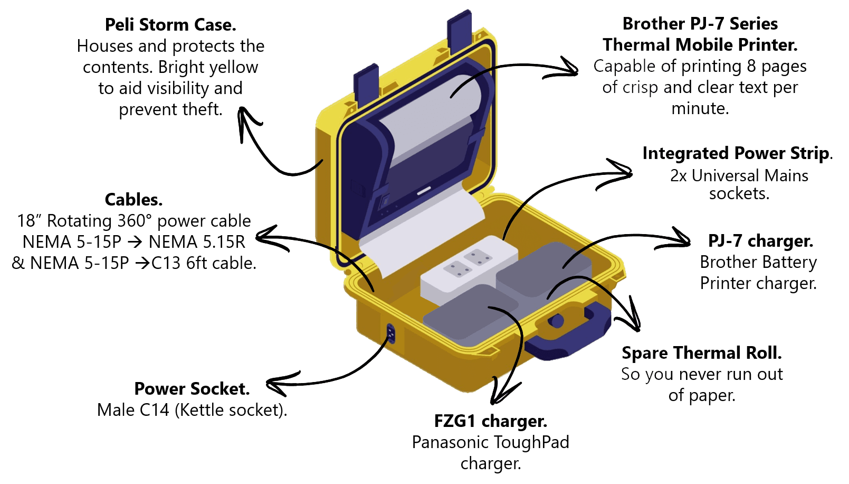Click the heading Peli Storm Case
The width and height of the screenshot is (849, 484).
[x=170, y=25]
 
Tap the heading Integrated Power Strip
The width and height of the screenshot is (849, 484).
[x=737, y=153]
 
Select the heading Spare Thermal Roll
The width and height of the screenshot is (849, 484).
[x=701, y=352]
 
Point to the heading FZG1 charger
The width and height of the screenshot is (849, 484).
[x=490, y=421]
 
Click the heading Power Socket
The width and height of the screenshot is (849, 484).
[x=192, y=389]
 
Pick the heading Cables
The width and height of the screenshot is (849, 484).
[x=133, y=200]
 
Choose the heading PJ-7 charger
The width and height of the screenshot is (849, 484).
[x=760, y=241]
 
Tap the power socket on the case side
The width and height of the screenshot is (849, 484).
[x=390, y=333]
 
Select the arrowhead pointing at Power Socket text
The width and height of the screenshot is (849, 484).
[x=275, y=386]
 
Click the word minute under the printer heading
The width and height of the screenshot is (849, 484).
[x=700, y=109]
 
